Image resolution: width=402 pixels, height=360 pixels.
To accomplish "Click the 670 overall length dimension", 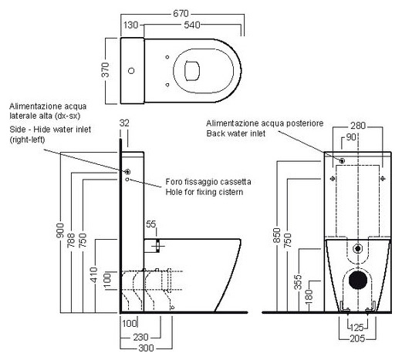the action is click(x=181, y=13).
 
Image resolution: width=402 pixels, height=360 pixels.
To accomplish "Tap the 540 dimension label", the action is click(x=192, y=25).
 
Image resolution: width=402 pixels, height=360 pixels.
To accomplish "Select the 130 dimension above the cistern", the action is click(x=131, y=25).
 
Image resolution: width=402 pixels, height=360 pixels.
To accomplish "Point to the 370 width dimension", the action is click(x=105, y=69).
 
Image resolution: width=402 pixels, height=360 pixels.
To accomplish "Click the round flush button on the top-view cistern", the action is click(x=131, y=71).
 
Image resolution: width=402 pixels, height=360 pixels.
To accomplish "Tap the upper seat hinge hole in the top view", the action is click(x=167, y=57).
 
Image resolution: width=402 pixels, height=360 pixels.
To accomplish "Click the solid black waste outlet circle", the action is click(x=358, y=280).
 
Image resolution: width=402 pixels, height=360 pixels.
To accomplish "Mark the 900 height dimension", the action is click(x=60, y=230).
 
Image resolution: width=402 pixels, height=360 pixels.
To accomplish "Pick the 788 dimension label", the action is click(x=71, y=240).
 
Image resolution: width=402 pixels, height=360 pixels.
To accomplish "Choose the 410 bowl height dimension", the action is click(x=94, y=274).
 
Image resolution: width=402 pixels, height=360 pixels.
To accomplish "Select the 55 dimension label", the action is click(x=151, y=224).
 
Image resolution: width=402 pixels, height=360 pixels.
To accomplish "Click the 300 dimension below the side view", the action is click(x=146, y=348).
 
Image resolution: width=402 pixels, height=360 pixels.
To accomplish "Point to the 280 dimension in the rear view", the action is click(x=358, y=126).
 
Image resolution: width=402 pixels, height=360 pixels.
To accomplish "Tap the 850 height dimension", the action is click(x=277, y=235).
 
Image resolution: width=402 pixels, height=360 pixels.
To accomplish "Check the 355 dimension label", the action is click(x=298, y=282).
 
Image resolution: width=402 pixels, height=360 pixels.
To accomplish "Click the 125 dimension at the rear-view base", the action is click(x=357, y=328).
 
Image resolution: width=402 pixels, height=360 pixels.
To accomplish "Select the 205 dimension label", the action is click(x=357, y=338).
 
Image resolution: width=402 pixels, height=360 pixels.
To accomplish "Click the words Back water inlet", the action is click(x=236, y=133).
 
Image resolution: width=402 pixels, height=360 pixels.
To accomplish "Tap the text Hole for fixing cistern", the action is click(x=204, y=192).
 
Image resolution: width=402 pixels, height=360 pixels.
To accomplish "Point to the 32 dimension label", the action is click(x=124, y=123).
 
